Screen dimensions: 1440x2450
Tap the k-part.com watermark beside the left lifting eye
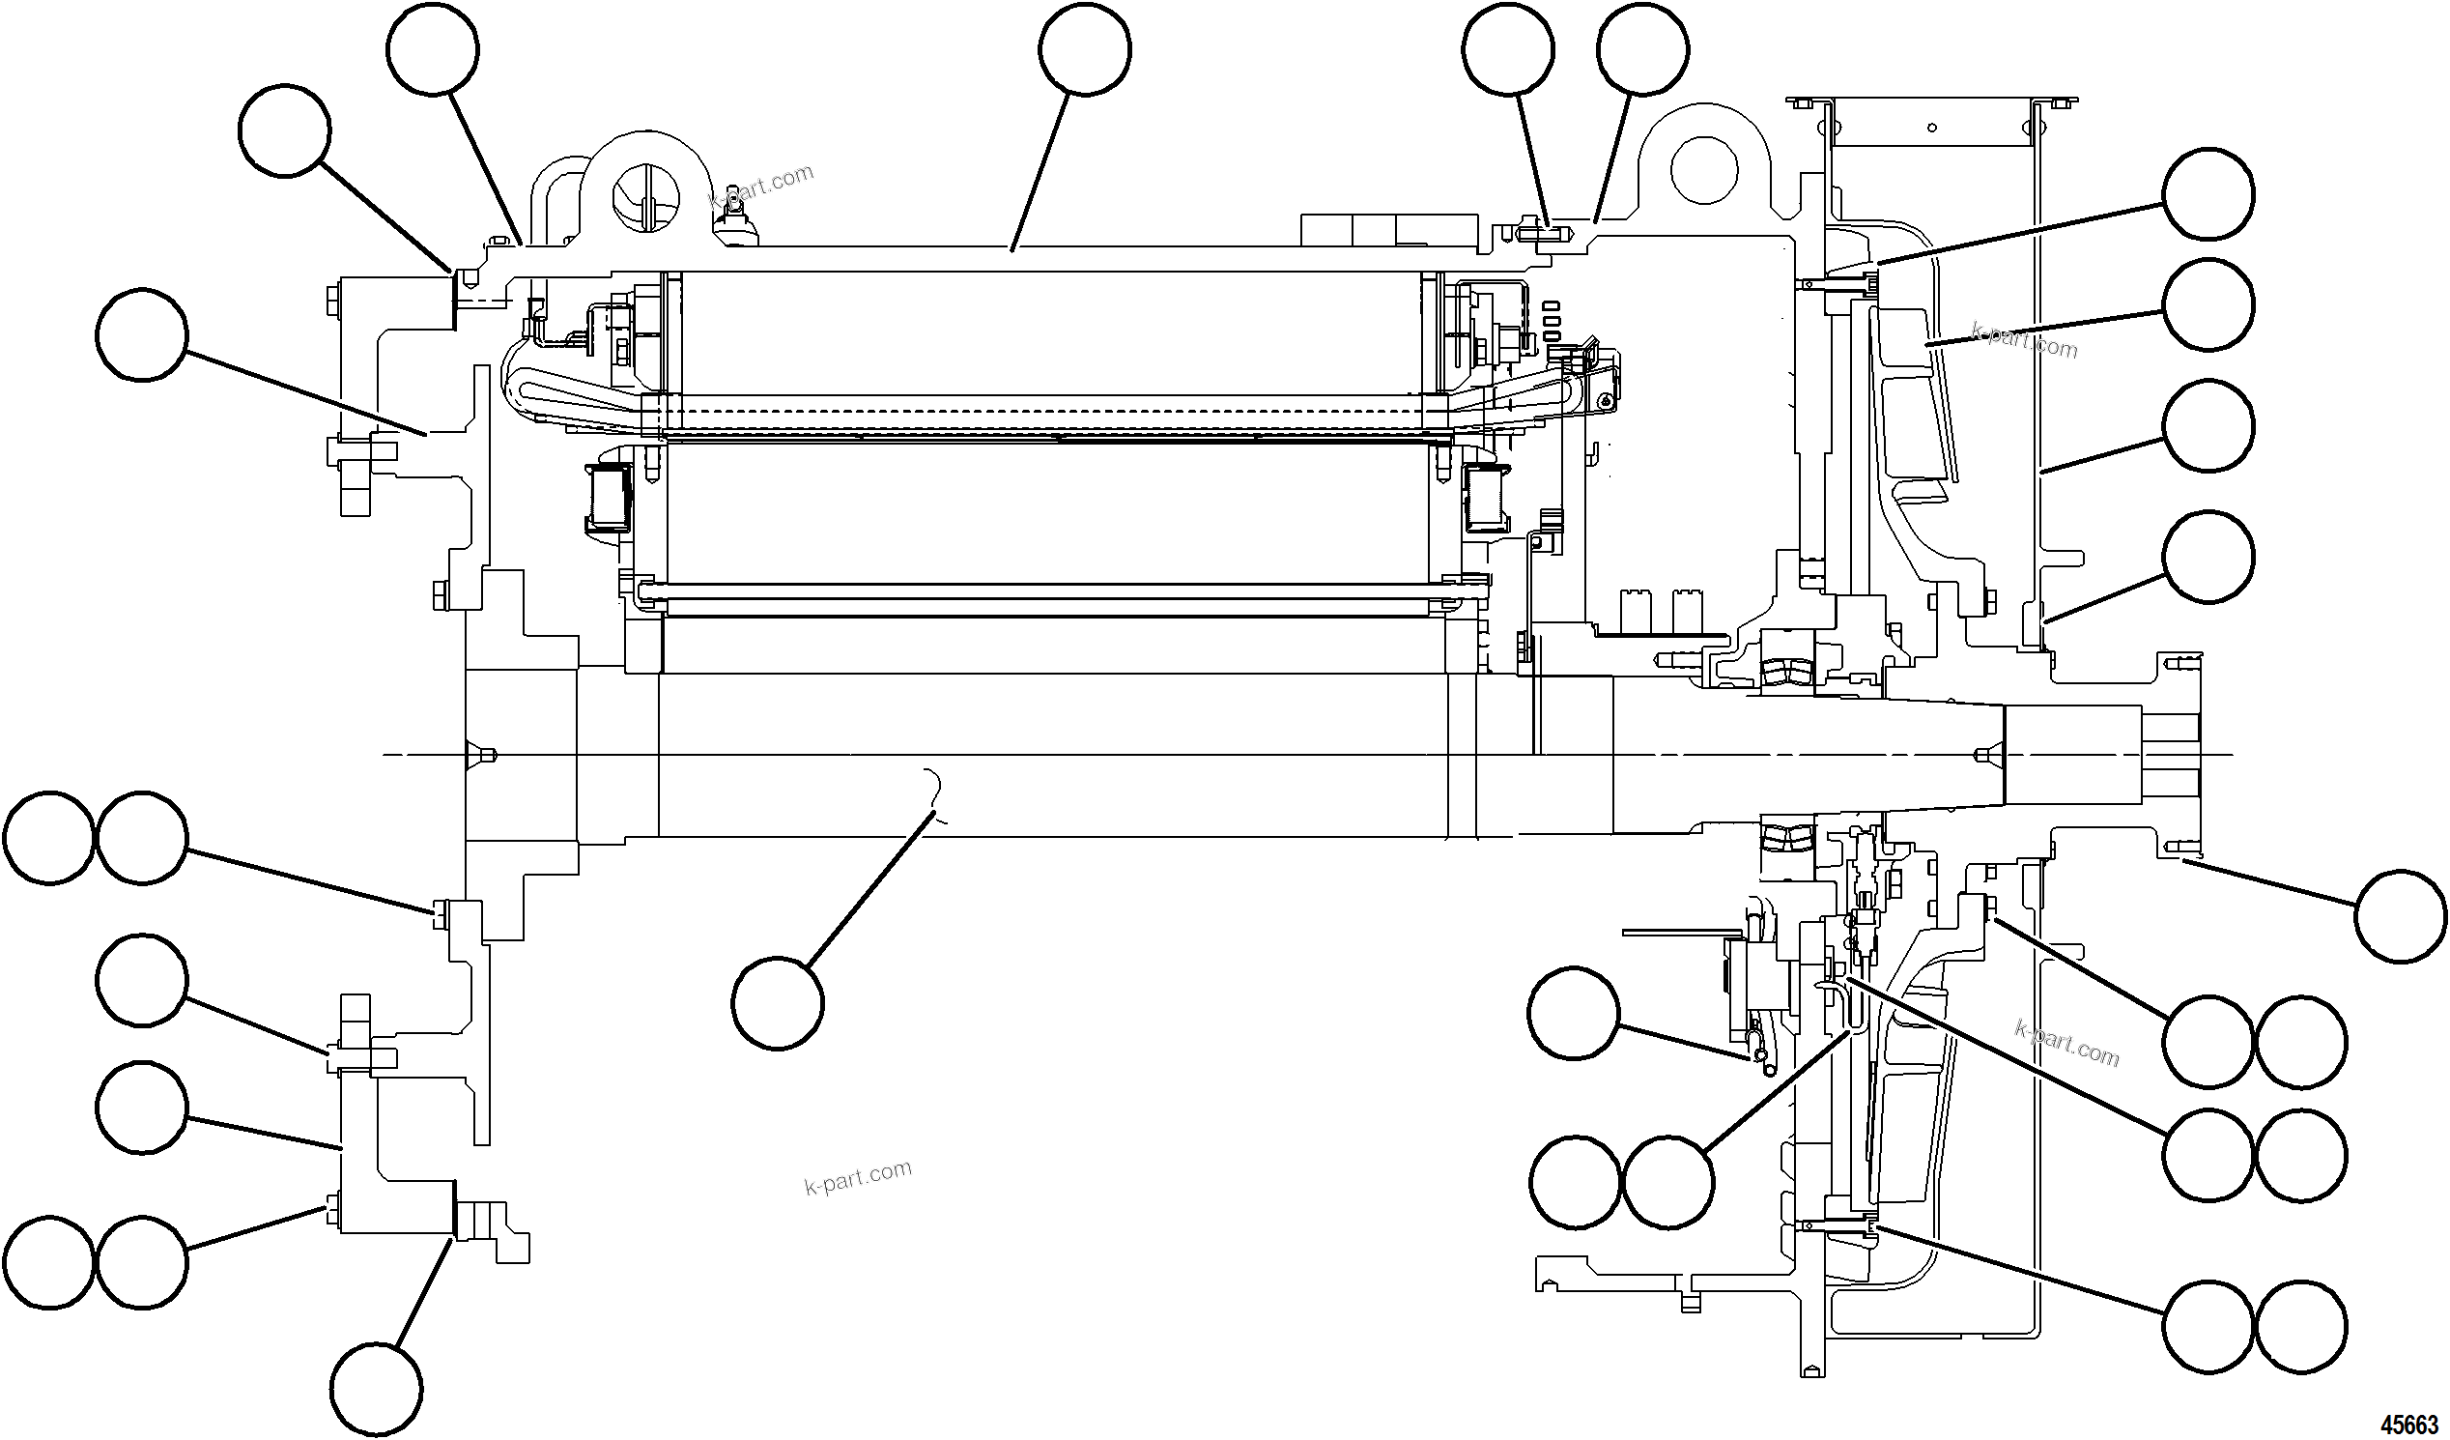[x=761, y=188]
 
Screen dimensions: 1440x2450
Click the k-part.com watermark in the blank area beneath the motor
[x=859, y=1177]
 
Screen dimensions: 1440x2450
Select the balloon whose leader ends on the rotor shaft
[x=778, y=1002]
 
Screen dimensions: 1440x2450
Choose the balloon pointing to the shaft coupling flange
[x=2401, y=917]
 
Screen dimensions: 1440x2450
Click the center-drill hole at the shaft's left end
[x=483, y=755]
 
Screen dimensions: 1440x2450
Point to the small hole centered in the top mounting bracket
[x=1932, y=128]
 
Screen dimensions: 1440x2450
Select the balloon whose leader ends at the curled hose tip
[x=1573, y=1013]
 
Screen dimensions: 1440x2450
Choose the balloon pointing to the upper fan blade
[x=2208, y=304]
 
